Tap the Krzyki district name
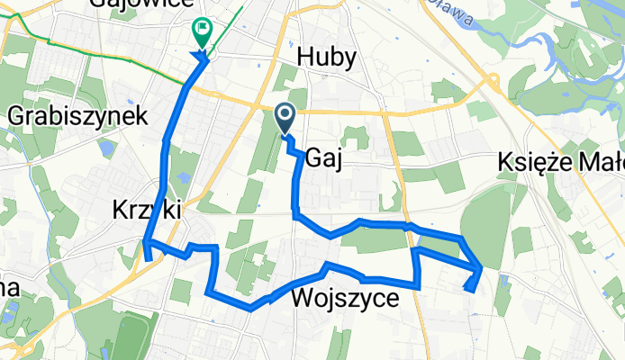tap(149, 210)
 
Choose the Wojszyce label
tap(345, 300)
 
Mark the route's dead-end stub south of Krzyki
tap(147, 259)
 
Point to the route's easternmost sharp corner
tap(479, 268)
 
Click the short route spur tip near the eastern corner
tap(467, 288)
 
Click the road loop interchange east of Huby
tap(492, 83)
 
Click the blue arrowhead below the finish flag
tap(201, 58)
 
